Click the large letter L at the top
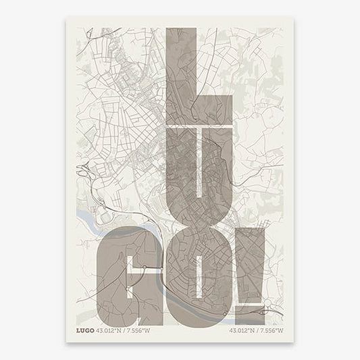(x=181, y=74)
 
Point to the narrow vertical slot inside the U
(x=199, y=169)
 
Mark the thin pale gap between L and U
(x=200, y=126)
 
